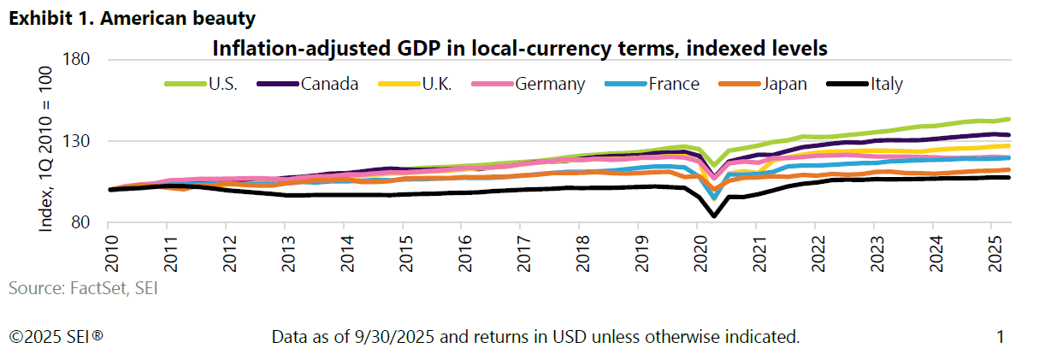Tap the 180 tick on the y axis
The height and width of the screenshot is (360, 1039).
point(78,60)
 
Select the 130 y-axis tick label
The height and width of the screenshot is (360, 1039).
point(78,141)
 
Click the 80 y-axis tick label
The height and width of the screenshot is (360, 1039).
point(82,223)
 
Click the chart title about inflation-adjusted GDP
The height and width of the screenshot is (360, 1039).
point(519,48)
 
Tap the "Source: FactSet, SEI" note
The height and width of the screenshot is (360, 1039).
point(83,289)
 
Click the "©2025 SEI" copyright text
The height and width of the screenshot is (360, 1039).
point(56,337)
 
